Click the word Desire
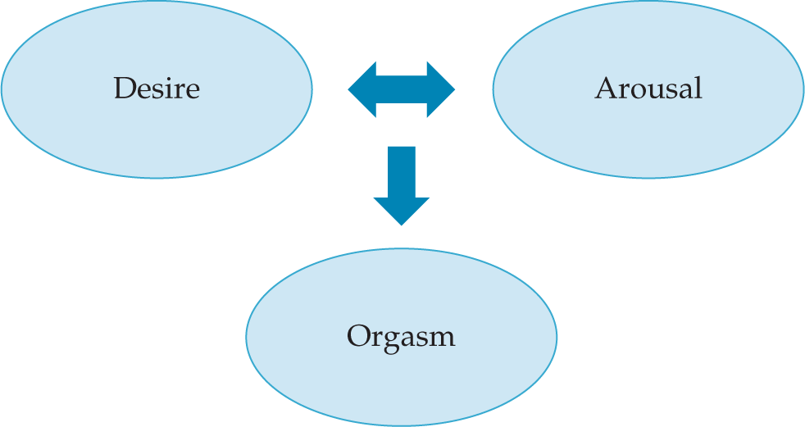click(156, 88)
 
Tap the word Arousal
click(648, 88)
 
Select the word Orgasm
click(400, 336)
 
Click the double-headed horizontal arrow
click(401, 89)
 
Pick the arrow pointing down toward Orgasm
click(401, 184)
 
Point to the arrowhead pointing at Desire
click(362, 89)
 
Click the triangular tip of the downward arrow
click(401, 211)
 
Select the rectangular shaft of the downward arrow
click(401, 171)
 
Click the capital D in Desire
click(123, 88)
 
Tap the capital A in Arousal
click(605, 88)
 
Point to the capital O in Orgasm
click(357, 336)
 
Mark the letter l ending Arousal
click(698, 87)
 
